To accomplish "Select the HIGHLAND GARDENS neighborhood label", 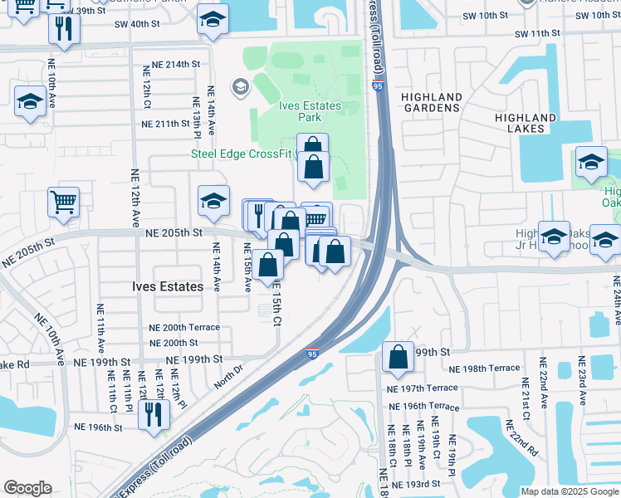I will tap(431, 102).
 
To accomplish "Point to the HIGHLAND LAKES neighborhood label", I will tap(525, 123).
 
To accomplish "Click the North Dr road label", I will tap(226, 367).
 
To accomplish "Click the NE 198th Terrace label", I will tap(484, 368).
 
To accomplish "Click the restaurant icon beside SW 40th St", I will tap(61, 29).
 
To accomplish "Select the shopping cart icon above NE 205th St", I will tap(64, 201).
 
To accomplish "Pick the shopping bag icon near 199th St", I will tap(399, 357).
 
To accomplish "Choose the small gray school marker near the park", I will tap(240, 85).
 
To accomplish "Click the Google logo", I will tap(27, 488).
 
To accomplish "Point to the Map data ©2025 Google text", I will tap(569, 491).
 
